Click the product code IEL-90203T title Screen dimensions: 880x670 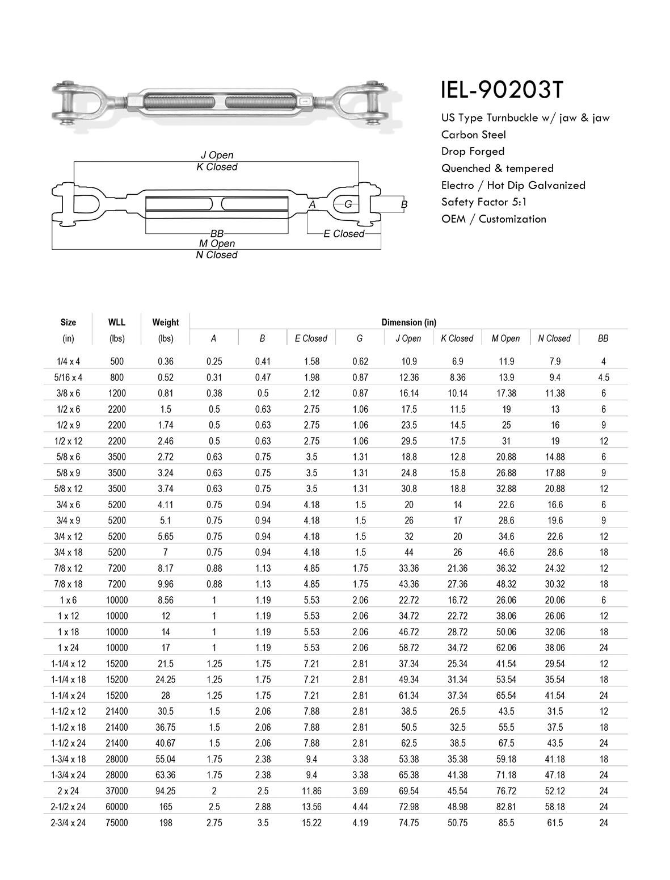(x=502, y=89)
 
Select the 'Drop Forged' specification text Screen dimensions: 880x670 (x=473, y=152)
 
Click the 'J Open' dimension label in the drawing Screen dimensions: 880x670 (x=217, y=155)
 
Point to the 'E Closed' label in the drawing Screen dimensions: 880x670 (x=344, y=234)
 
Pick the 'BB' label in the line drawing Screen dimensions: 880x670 (x=217, y=234)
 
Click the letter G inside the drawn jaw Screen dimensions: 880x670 (x=348, y=204)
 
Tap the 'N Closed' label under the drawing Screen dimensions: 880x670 (x=217, y=255)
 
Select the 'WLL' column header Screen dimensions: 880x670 (x=117, y=322)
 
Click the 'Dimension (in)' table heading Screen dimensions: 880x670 (x=408, y=322)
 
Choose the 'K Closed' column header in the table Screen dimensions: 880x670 (x=457, y=338)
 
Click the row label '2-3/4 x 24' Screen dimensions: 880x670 (x=68, y=823)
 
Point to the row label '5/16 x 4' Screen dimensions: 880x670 (x=68, y=378)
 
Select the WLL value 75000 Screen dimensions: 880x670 (x=117, y=823)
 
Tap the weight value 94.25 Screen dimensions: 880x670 (x=165, y=791)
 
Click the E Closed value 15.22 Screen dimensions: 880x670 (x=311, y=823)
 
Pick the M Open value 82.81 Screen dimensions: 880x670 (x=506, y=807)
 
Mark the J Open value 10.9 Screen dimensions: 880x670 (x=408, y=362)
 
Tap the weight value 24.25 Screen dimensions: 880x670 (x=165, y=680)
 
